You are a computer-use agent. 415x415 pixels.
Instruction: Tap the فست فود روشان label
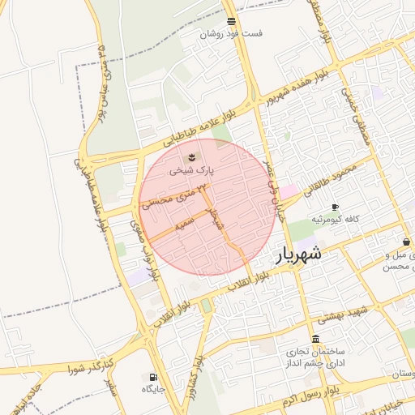[x=233, y=34]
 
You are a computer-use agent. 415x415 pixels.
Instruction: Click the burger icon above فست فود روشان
[x=232, y=21]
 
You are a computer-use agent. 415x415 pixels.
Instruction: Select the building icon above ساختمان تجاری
[x=315, y=339]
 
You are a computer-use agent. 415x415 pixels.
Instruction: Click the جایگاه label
[x=153, y=389]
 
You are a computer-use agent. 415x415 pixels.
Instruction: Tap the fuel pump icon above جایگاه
[x=153, y=377]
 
